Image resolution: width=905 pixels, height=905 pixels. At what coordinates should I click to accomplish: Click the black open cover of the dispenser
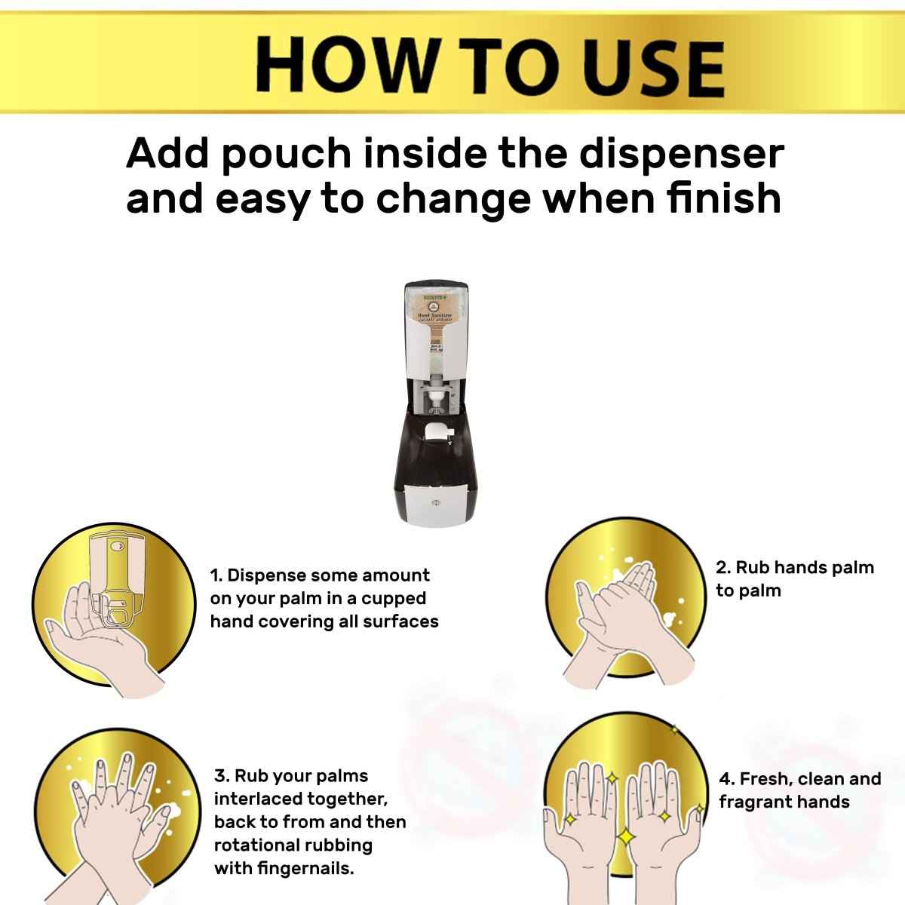tap(437, 452)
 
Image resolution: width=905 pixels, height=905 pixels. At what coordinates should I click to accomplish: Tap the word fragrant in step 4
tap(754, 802)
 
